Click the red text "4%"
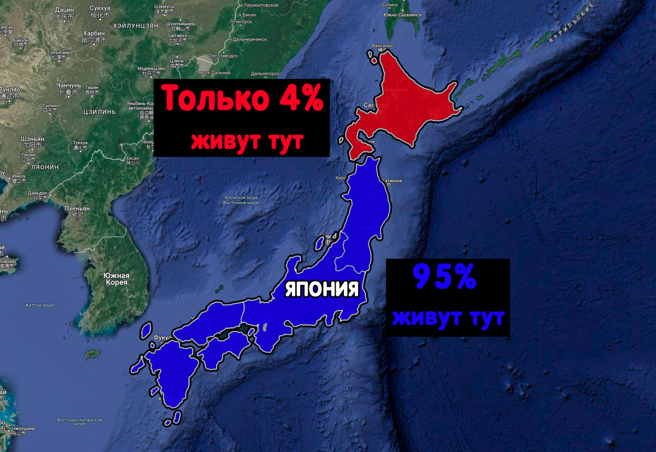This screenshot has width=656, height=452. pyautogui.click(x=292, y=99)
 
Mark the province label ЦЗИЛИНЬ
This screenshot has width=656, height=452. pyautogui.click(x=99, y=111)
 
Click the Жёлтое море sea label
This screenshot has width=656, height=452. pyautogui.click(x=39, y=305)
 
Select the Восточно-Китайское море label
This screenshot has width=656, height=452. pyautogui.click(x=80, y=421)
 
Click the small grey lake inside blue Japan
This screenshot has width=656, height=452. pyautogui.click(x=265, y=327)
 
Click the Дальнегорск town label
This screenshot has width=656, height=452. pyautogui.click(x=249, y=39)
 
